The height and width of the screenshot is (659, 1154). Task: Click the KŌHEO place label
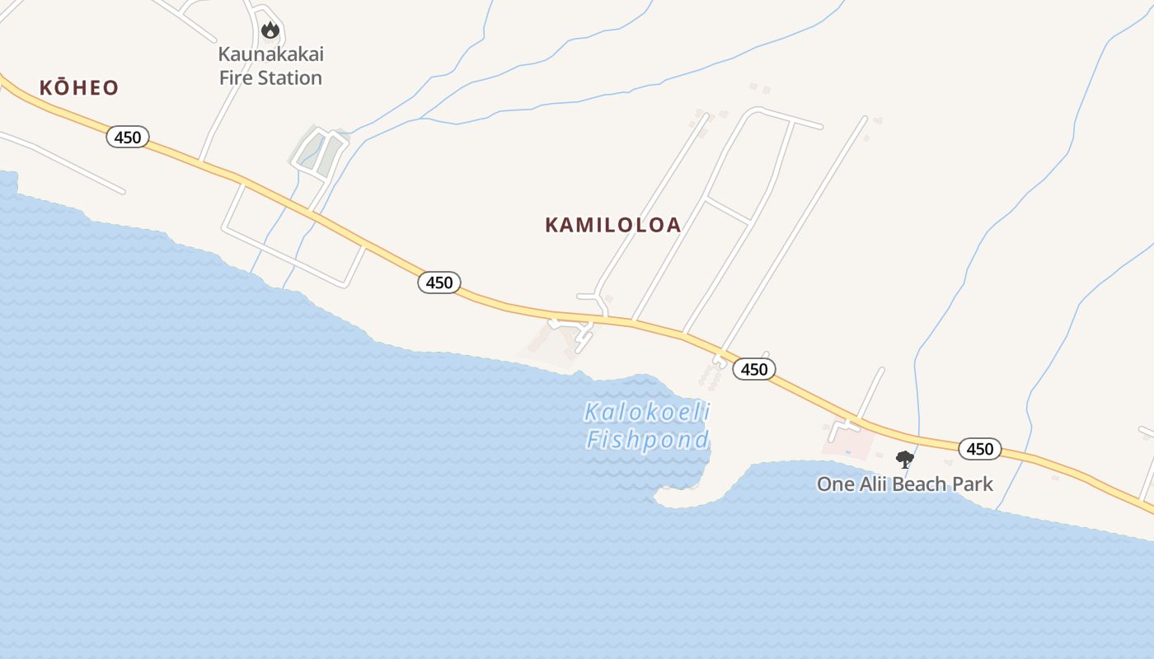(79, 88)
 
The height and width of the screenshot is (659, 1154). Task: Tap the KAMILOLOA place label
(612, 225)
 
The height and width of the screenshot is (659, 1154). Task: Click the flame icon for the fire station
(270, 30)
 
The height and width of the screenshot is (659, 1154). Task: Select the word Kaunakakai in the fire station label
(270, 54)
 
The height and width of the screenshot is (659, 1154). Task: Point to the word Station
(288, 78)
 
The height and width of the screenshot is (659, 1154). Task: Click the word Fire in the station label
(236, 78)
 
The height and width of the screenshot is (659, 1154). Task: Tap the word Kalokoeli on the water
(646, 412)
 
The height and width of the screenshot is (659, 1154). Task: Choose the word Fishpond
(647, 440)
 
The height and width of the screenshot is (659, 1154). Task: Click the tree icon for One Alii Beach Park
(904, 460)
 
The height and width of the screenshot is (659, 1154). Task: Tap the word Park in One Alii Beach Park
(973, 484)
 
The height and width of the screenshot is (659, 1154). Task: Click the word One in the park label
(835, 484)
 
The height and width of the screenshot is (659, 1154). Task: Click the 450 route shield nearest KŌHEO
(128, 137)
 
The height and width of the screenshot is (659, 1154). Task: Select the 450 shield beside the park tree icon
(979, 449)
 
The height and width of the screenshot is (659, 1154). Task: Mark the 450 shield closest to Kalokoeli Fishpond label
(753, 369)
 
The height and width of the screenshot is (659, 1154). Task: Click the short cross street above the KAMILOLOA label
(727, 209)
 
